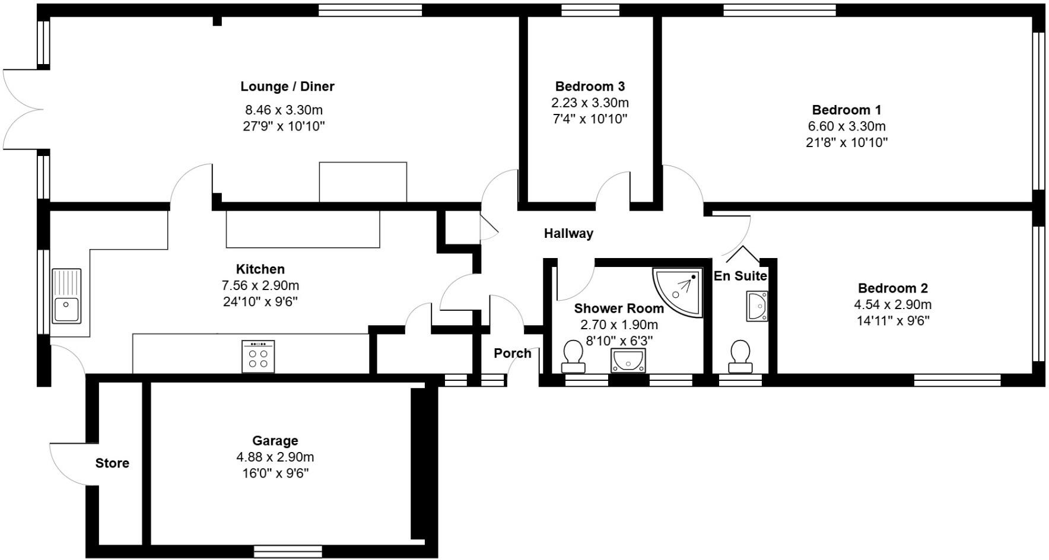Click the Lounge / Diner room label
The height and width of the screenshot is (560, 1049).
tap(287, 87)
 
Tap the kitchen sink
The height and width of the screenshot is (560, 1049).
tap(66, 296)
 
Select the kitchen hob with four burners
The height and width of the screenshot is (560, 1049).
tap(258, 356)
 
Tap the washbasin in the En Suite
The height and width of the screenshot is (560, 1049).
tap(757, 306)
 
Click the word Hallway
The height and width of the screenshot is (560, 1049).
tap(568, 234)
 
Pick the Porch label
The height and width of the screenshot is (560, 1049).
tap(513, 354)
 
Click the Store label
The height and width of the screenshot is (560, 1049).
tap(112, 463)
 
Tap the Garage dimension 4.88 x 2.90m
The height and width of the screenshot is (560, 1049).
tap(275, 457)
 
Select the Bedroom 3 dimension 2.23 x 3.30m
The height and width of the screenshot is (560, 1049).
tap(590, 103)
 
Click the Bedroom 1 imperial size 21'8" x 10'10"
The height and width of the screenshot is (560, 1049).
tap(846, 142)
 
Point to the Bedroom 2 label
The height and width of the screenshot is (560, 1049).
tap(892, 288)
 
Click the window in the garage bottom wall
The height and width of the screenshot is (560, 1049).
tap(288, 552)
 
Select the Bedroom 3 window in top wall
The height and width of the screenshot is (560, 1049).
tap(590, 10)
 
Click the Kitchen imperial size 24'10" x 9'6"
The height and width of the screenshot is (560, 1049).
tap(260, 301)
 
